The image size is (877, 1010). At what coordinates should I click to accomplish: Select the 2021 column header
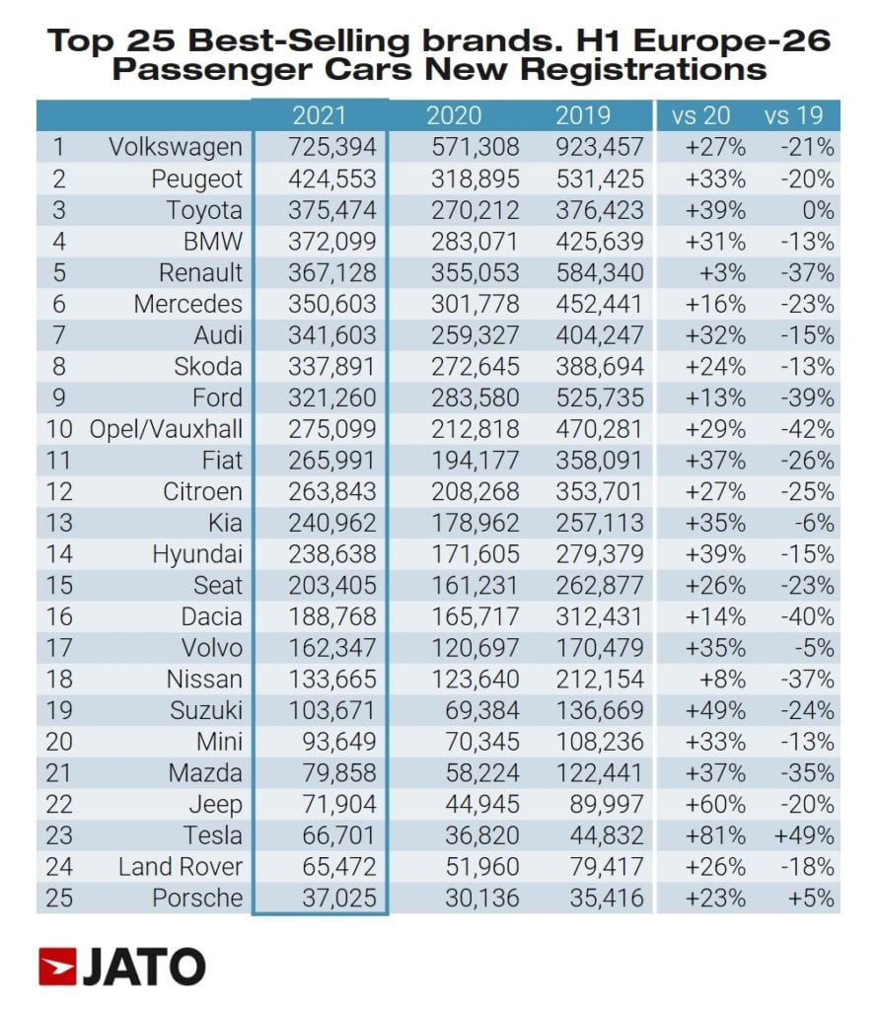pos(320,115)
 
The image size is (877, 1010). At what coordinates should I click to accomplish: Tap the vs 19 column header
pos(793,115)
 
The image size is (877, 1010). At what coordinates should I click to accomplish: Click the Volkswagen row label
pos(175,147)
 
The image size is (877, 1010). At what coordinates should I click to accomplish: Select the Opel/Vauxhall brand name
pos(165,429)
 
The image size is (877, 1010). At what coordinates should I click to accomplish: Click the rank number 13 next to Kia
pos(59,523)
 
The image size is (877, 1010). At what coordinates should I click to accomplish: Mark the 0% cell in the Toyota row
pos(818,210)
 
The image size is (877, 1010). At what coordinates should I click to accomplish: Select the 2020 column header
pos(453,115)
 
